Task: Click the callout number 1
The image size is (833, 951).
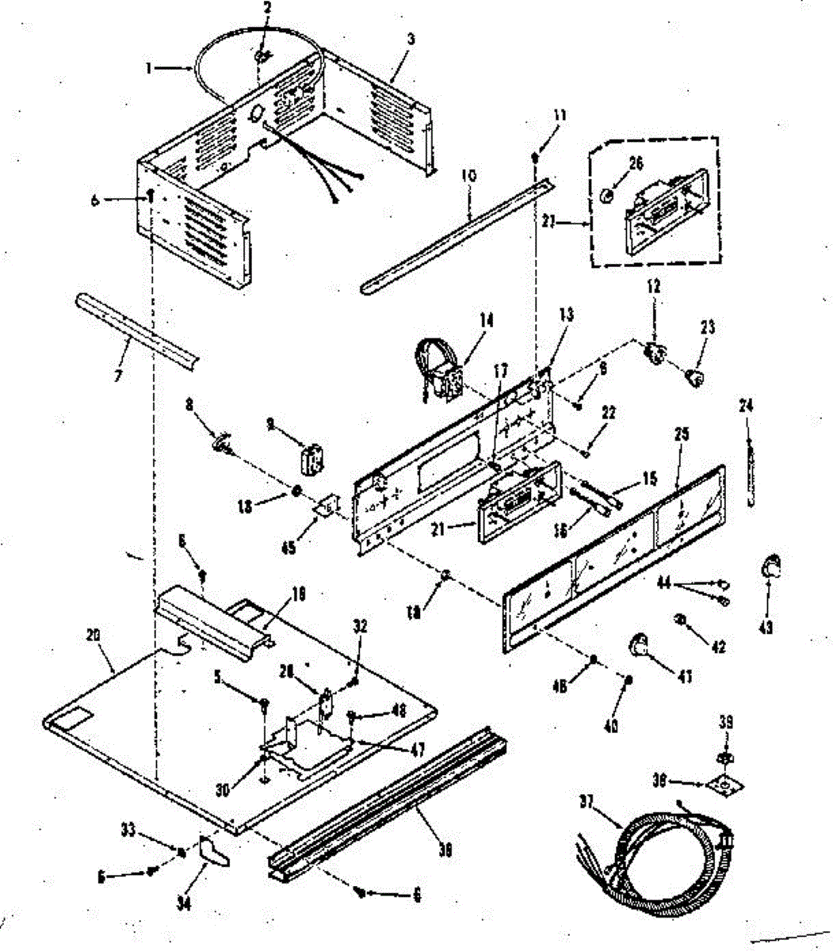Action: (x=148, y=68)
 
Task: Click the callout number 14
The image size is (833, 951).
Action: (x=485, y=320)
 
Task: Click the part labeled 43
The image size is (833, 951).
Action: (x=769, y=567)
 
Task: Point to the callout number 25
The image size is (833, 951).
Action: (x=682, y=433)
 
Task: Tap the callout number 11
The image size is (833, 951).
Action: (x=560, y=116)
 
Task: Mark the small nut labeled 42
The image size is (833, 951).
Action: (x=681, y=619)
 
